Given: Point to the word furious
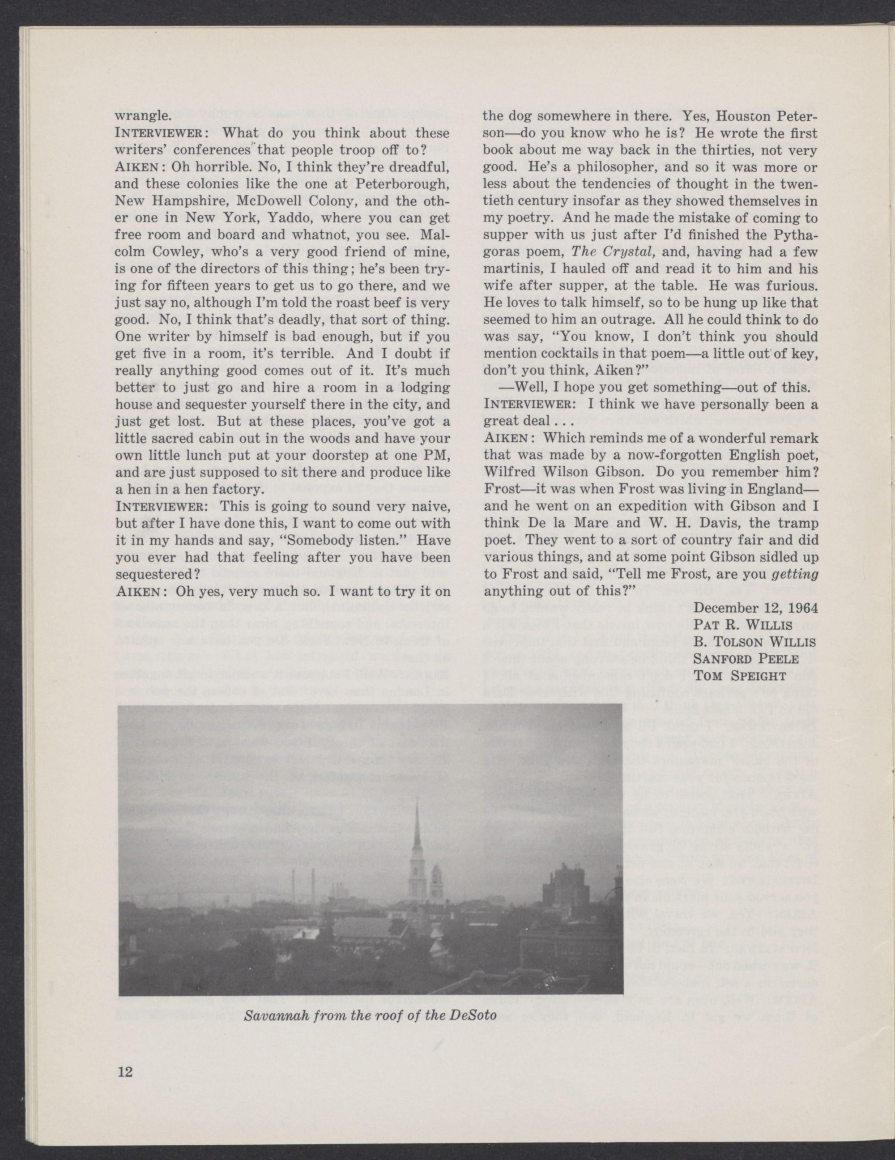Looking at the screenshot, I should tap(788, 286).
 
